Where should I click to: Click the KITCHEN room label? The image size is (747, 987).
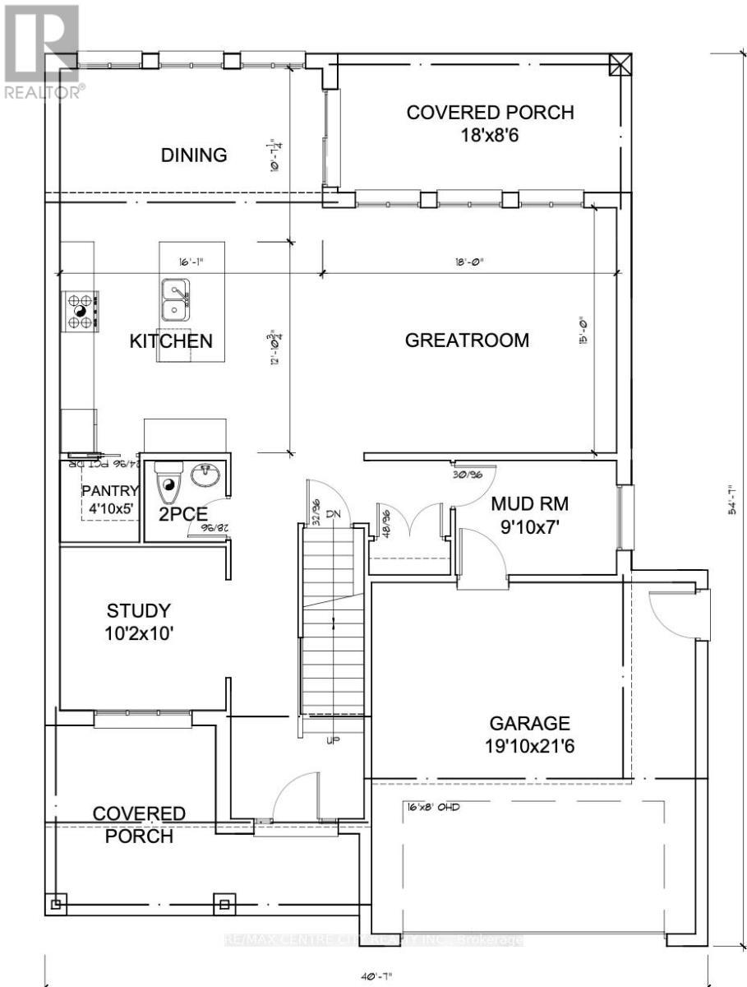171,341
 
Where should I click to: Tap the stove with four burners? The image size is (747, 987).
81,312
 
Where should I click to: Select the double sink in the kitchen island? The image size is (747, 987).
174,300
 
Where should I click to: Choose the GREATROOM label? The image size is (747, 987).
467,341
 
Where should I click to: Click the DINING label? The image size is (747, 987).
193,155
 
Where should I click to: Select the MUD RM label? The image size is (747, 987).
529,503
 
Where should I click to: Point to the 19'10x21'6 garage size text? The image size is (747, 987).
529,748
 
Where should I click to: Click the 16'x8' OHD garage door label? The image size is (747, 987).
431,807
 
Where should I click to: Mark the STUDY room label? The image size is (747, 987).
139,610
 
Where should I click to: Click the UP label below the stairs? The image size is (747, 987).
334,740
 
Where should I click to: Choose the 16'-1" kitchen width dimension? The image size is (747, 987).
190,262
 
